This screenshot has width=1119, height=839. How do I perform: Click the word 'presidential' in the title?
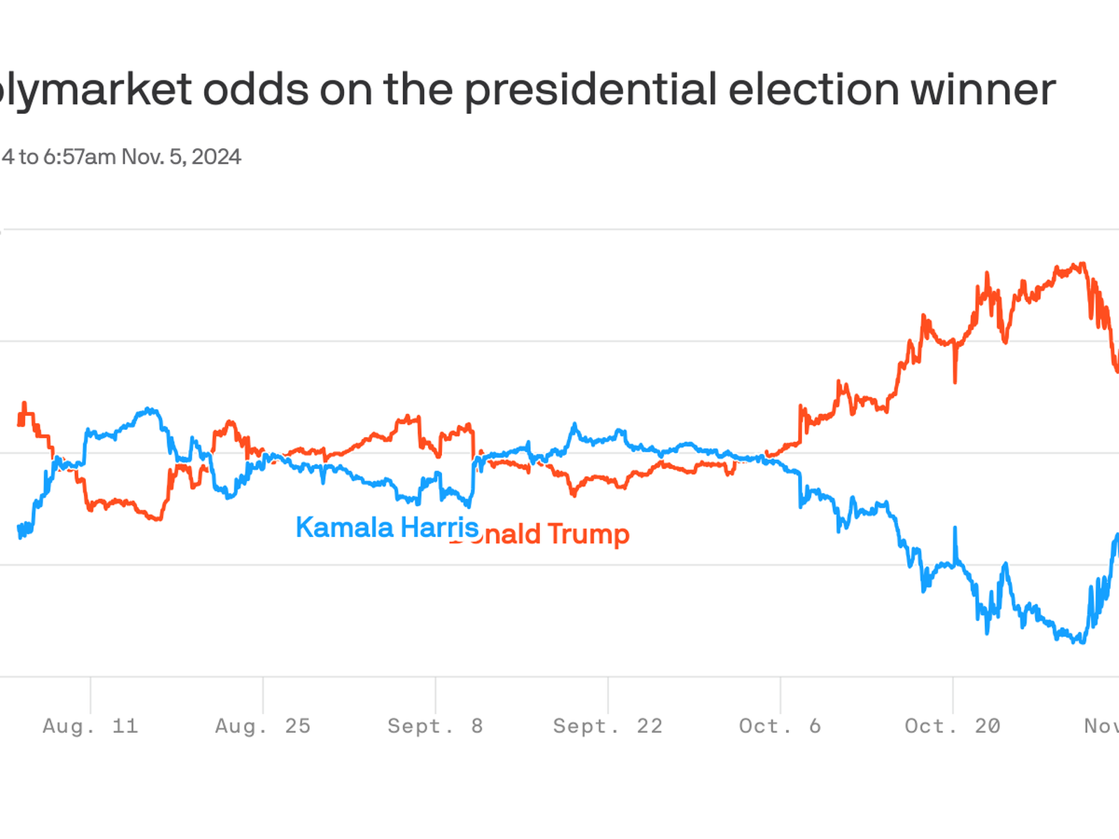(591, 90)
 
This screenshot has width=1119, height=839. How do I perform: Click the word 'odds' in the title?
(256, 90)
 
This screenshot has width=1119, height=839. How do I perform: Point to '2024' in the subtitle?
(216, 157)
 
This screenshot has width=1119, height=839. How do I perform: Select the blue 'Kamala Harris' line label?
(387, 527)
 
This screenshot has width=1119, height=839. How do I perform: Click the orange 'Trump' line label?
(588, 534)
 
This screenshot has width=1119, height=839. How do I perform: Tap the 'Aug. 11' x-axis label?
(90, 726)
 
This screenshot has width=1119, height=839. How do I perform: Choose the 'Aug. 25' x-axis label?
(263, 726)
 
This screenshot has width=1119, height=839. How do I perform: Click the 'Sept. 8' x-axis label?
(435, 726)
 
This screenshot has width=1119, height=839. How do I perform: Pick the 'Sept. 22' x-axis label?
(608, 726)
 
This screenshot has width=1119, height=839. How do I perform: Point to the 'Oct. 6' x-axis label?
(780, 726)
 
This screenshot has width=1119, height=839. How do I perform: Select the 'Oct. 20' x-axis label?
(953, 726)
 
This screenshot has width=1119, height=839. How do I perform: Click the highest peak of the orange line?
(1083, 264)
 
